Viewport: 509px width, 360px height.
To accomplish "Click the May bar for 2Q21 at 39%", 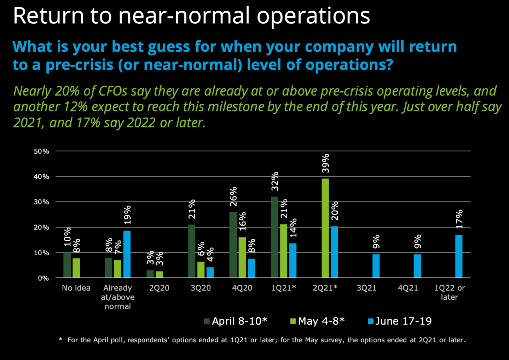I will coord(325,228).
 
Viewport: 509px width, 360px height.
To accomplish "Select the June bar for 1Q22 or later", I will coord(458,256).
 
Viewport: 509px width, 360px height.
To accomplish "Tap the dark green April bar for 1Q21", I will coord(274,237).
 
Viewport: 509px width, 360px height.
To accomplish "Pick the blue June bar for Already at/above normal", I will coord(127,254).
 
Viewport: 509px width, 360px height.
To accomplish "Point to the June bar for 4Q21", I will coord(417,265).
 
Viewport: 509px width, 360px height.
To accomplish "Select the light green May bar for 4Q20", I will coord(242,257).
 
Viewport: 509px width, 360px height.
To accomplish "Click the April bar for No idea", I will coord(67,265).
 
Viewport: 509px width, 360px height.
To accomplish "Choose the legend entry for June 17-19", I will coord(400,321).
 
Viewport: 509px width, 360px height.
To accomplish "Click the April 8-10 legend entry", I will coord(236,321).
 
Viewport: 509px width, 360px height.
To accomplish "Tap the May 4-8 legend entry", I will coord(317,321).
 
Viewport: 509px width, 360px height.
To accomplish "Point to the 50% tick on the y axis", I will coord(41,151).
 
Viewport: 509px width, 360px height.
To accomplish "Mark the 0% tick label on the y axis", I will coord(43,278).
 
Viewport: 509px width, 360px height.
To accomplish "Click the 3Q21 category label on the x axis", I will coord(366,288).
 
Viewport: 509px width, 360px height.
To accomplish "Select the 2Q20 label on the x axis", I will coord(159,288).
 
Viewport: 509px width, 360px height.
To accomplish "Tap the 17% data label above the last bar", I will coord(459,219).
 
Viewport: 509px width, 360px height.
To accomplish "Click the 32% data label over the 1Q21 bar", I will coord(275,181).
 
